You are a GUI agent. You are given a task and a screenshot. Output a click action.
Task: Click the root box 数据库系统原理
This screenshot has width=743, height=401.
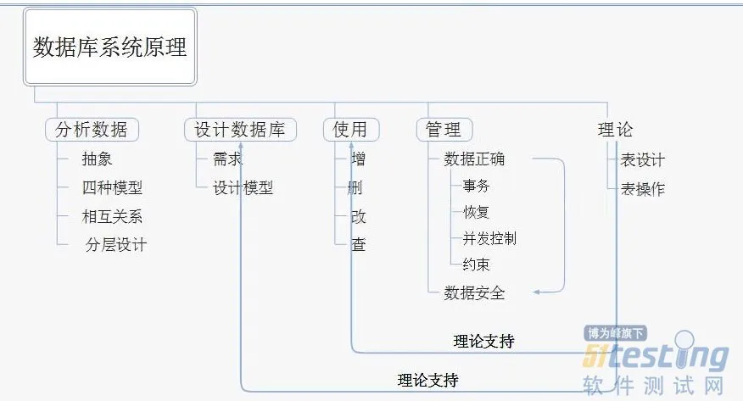(x=110, y=47)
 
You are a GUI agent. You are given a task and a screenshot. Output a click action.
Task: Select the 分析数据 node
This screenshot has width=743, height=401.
(x=92, y=130)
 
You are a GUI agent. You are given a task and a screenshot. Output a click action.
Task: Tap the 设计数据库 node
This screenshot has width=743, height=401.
(x=240, y=130)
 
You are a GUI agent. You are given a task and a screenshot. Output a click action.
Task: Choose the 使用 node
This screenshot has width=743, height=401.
(x=350, y=130)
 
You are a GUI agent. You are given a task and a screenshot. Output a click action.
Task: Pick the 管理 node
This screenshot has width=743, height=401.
(x=444, y=130)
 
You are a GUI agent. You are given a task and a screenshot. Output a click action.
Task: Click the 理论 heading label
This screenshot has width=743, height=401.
(x=615, y=130)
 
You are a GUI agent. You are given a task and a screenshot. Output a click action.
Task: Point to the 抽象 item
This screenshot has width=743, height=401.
(x=98, y=159)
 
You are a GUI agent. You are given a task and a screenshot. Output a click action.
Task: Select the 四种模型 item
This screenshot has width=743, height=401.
(x=112, y=188)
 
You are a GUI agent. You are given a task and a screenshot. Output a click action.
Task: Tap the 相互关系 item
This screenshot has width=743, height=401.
(x=112, y=216)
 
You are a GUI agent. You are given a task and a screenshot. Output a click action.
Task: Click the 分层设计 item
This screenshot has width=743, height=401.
(x=116, y=245)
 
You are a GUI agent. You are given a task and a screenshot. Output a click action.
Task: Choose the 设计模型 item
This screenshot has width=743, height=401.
(x=243, y=188)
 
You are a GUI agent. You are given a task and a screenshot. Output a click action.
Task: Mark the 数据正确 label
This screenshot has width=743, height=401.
(x=474, y=159)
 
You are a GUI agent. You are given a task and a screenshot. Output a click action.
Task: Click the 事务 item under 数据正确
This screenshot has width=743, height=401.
(x=476, y=186)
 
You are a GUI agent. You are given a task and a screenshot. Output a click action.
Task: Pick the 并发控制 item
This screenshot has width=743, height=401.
(x=489, y=238)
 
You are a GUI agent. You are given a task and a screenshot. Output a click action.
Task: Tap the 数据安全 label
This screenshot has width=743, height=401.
(x=474, y=292)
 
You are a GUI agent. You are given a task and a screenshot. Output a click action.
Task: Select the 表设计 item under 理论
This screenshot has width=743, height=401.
(x=642, y=159)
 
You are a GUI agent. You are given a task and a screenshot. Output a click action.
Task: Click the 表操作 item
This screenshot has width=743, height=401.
(x=642, y=189)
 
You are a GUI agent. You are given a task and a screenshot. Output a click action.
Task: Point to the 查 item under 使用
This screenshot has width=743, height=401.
(x=359, y=245)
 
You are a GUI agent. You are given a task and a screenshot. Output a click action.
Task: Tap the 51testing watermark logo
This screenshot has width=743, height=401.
(x=655, y=357)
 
